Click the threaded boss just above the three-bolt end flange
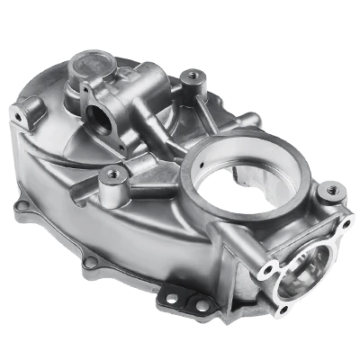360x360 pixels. [x=330, y=191]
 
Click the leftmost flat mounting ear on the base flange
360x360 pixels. [x=20, y=209]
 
